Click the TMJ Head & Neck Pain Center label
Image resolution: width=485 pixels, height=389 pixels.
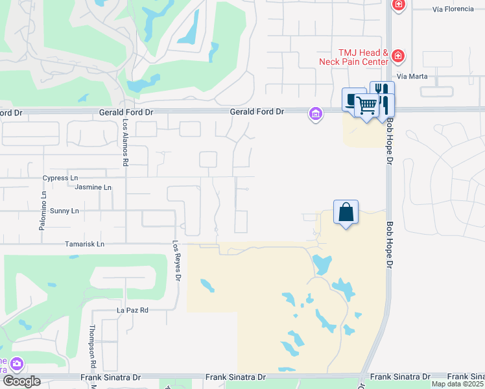[x=353, y=57]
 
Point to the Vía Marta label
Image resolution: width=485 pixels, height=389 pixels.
[x=412, y=77]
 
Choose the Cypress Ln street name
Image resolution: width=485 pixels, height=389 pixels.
[x=60, y=178]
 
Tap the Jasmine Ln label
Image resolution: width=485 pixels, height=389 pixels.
[x=93, y=187]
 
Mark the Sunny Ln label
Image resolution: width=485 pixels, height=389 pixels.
[x=64, y=211]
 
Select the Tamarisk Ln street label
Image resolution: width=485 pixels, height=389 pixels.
[x=84, y=244]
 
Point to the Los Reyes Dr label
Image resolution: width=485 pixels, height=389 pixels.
[x=176, y=261]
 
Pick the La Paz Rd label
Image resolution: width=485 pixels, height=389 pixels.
[x=132, y=311]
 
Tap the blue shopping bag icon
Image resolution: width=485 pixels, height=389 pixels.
[x=346, y=212]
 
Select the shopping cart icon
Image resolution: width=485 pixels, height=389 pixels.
[x=367, y=104]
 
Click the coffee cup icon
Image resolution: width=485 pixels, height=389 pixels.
[x=352, y=99]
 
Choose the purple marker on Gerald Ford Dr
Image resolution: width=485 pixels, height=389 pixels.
[x=316, y=114]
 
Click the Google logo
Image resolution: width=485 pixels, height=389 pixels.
[x=21, y=381]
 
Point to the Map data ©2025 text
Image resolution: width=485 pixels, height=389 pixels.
[x=457, y=384]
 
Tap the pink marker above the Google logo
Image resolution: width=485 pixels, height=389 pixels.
[x=16, y=364]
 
